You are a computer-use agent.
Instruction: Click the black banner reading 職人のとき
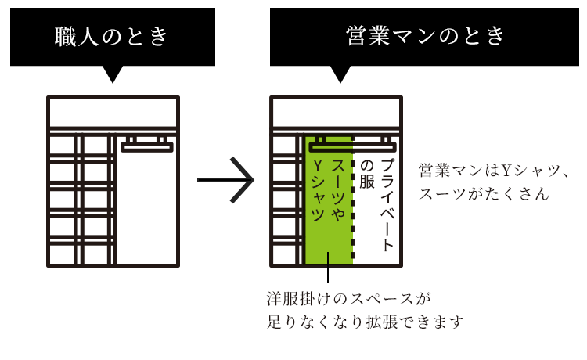click(x=113, y=36)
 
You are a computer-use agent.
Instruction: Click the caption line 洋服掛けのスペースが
click(x=349, y=298)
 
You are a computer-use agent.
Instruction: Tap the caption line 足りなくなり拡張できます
click(x=366, y=322)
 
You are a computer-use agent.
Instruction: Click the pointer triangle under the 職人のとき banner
click(x=113, y=74)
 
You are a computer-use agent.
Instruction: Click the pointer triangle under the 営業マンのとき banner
click(x=340, y=74)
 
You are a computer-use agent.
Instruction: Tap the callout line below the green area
click(x=328, y=274)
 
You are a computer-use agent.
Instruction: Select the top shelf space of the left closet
click(x=113, y=114)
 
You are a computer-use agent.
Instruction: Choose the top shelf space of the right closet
click(x=337, y=114)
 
